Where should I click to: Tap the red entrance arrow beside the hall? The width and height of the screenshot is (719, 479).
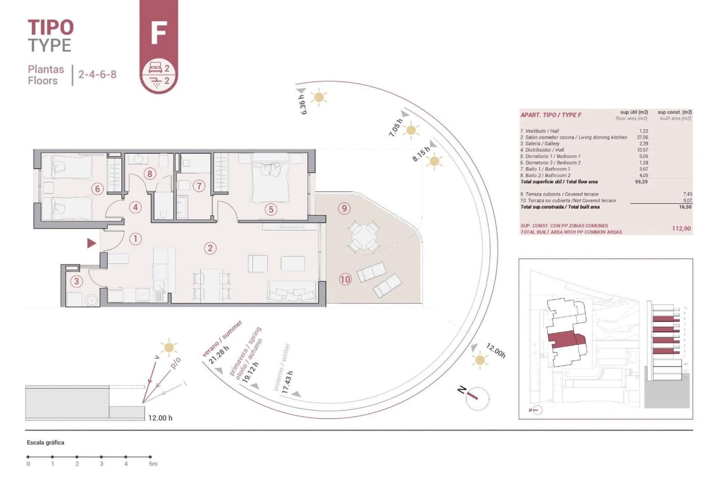click(x=92, y=243)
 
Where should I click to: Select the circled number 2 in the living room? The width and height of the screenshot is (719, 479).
click(x=210, y=248)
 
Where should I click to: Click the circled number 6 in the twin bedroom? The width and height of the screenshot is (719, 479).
click(x=97, y=189)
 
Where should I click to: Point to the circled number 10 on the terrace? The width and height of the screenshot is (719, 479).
click(x=345, y=279)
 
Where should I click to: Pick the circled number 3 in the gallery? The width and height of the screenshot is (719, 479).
click(x=76, y=281)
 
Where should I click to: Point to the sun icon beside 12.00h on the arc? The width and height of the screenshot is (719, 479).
click(x=479, y=360)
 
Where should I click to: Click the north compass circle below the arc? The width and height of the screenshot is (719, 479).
click(x=477, y=398)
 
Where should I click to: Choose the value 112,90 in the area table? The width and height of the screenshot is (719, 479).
click(x=681, y=228)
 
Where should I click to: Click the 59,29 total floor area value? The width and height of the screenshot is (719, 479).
click(x=641, y=182)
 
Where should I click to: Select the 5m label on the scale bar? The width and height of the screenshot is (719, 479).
click(x=153, y=464)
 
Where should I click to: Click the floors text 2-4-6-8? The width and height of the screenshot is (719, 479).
click(x=98, y=74)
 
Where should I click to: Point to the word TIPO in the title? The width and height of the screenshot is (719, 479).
click(x=50, y=27)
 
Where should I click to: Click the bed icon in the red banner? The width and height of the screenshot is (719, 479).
click(x=155, y=68)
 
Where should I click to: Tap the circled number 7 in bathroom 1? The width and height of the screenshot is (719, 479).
click(x=199, y=186)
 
